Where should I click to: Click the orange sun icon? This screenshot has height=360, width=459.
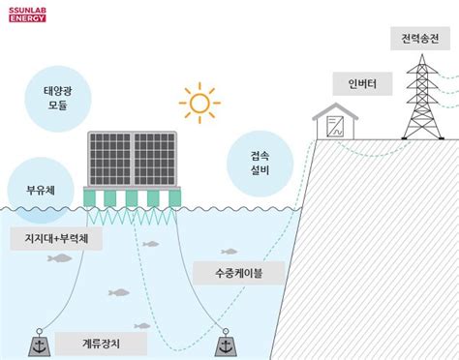point(199,102)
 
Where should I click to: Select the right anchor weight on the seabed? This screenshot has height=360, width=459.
point(224,345)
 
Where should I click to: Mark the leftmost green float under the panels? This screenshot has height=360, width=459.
point(90,198)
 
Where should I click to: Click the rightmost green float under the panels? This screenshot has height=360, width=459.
point(174,198)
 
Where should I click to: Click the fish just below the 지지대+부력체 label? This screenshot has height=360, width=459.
point(60,258)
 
